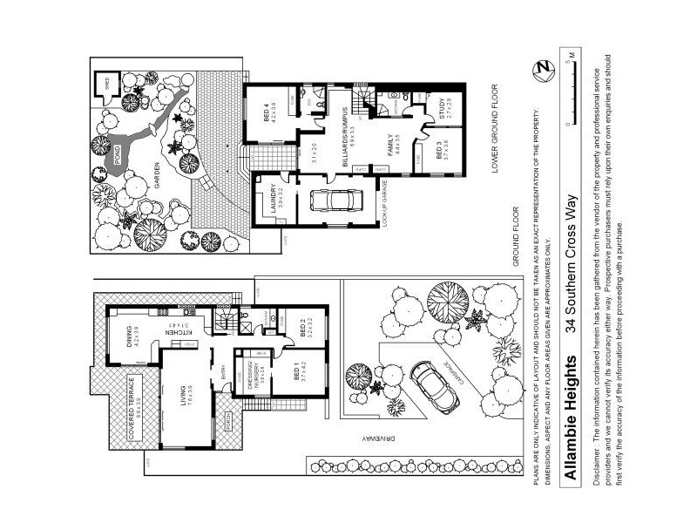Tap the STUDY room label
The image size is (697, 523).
pos(442,110)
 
